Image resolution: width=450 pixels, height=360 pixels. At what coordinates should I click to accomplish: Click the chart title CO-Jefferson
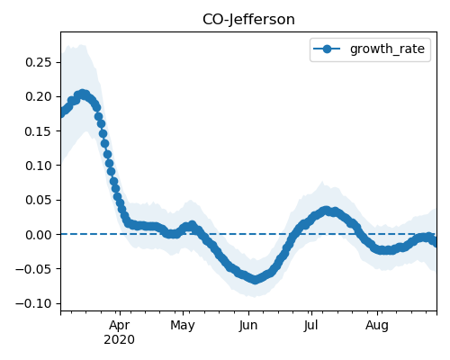click(248, 20)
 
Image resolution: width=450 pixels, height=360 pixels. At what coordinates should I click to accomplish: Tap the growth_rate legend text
click(387, 49)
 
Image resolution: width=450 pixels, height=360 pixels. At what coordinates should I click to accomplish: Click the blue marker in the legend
click(327, 49)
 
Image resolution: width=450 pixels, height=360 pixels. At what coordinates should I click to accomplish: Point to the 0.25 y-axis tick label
click(39, 62)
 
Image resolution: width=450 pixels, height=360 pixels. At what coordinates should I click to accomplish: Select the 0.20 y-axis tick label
click(39, 96)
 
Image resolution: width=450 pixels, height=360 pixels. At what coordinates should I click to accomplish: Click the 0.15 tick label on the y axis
click(39, 131)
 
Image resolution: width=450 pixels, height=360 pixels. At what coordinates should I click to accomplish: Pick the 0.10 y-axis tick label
click(39, 166)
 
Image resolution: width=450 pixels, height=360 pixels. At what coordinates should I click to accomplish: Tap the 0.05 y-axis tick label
click(39, 200)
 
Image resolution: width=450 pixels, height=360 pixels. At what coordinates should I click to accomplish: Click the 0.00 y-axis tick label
click(39, 235)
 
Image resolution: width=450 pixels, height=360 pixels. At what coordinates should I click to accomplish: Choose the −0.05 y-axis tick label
click(33, 269)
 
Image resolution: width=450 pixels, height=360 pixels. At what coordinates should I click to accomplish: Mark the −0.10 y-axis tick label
click(33, 303)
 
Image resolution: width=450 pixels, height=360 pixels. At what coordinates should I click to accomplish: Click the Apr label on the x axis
click(120, 326)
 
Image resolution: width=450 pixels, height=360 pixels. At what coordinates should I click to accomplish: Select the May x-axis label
click(183, 326)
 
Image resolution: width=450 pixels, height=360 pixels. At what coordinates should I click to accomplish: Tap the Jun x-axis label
click(248, 326)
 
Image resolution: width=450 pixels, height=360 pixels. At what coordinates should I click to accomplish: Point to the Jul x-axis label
click(310, 326)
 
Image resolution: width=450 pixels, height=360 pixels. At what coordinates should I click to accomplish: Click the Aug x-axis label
click(377, 326)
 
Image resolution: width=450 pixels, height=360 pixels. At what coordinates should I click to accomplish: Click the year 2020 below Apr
click(120, 340)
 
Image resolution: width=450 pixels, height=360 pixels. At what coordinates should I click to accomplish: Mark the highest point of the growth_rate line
click(83, 94)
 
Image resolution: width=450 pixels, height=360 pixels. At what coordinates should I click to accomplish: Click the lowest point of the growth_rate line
click(255, 280)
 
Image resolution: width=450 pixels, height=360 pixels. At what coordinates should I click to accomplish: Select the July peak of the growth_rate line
click(327, 211)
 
